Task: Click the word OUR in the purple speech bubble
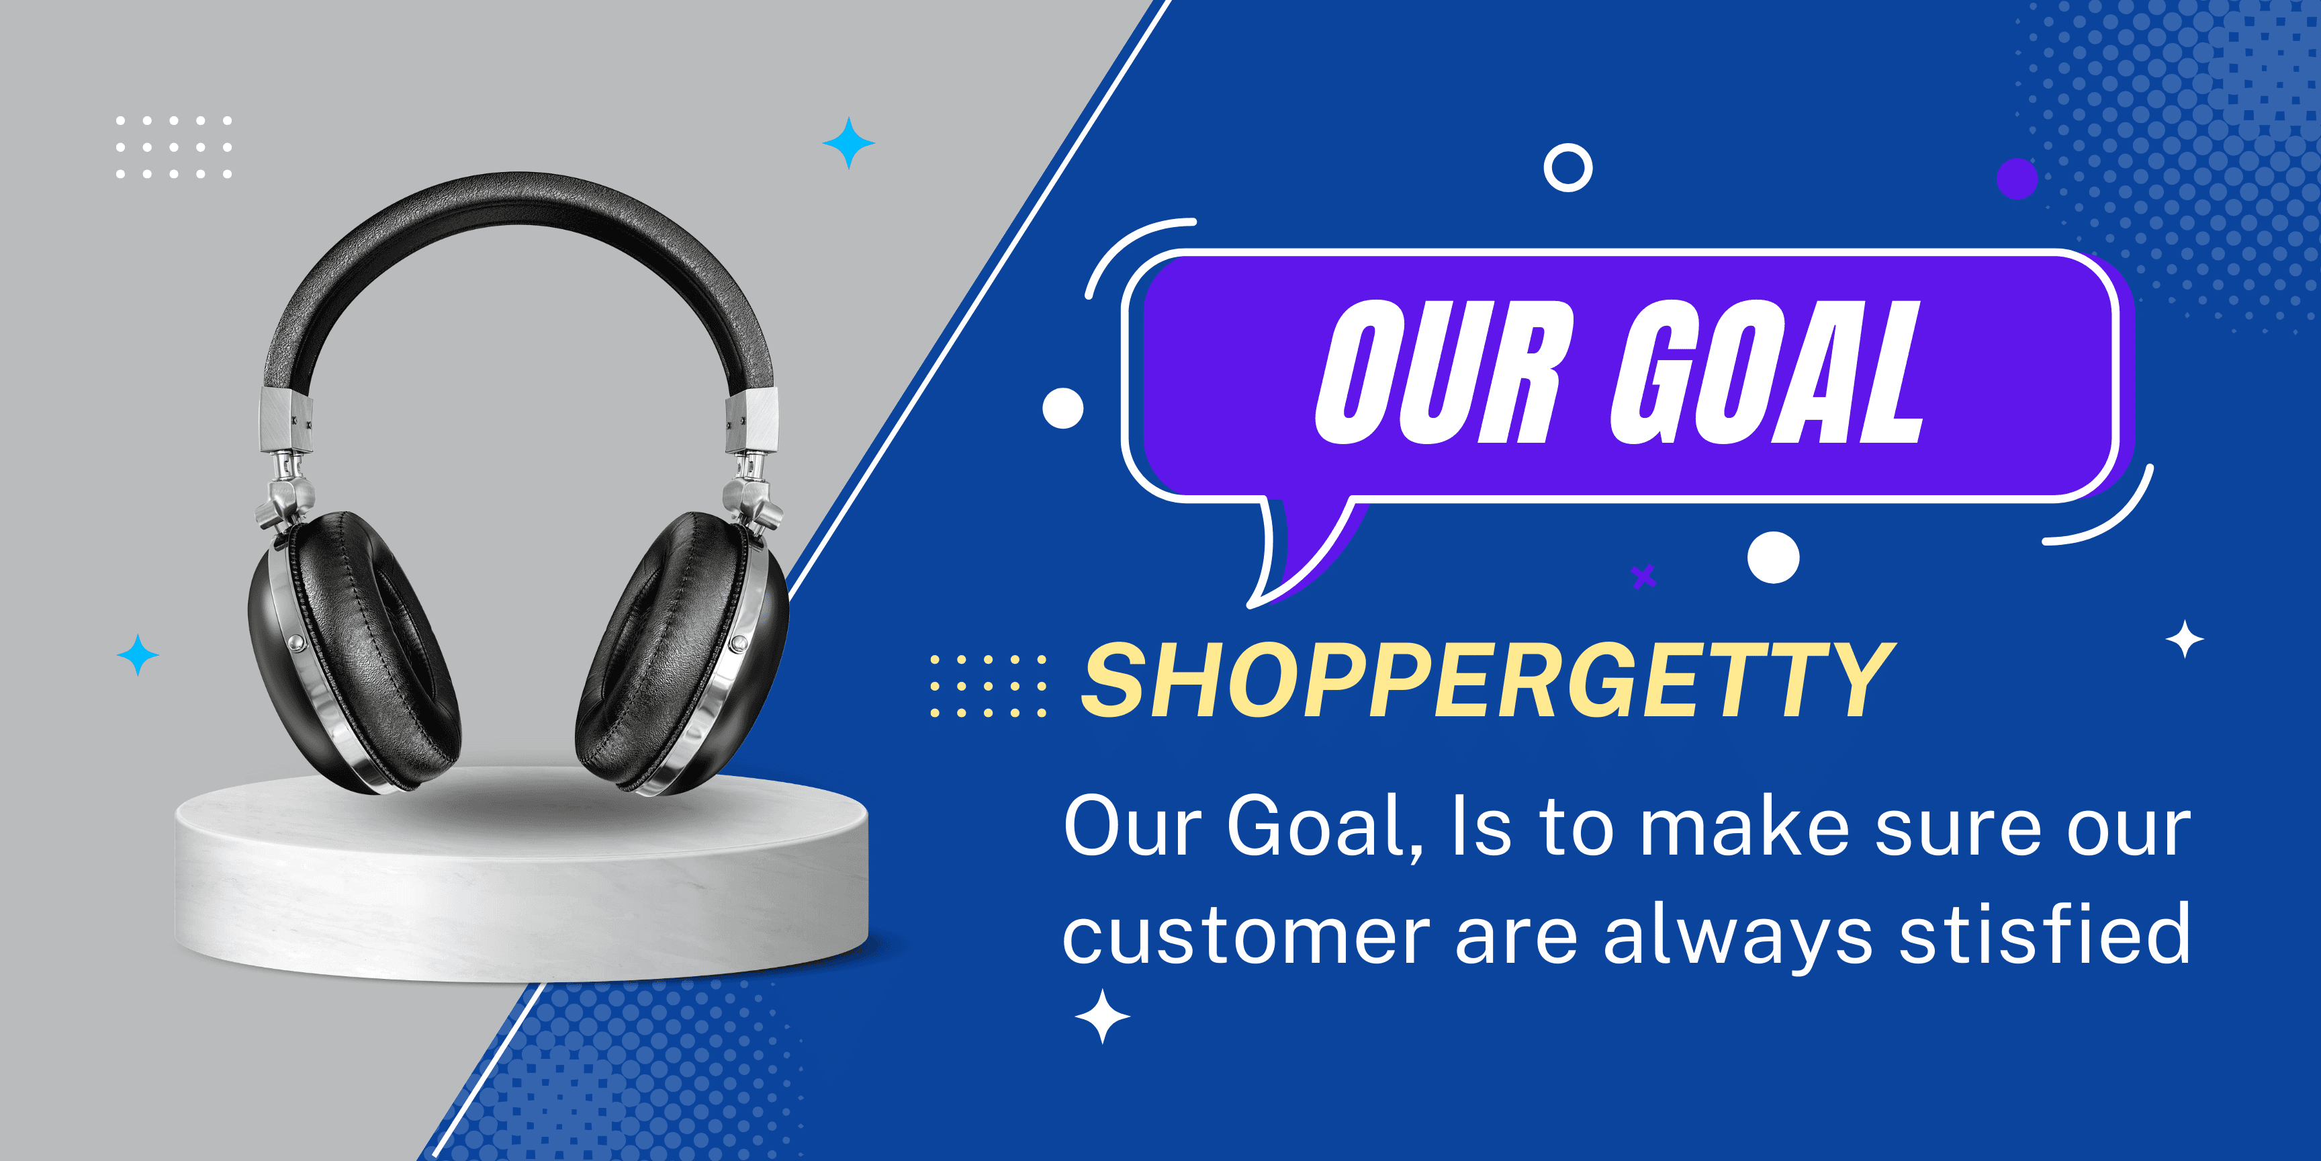[x=1439, y=372]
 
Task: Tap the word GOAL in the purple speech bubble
[x=1767, y=372]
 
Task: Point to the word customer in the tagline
[x=1246, y=937]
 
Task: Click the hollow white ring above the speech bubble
[x=1567, y=168]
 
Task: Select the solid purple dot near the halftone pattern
[x=2017, y=179]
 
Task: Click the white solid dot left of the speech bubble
[x=1063, y=408]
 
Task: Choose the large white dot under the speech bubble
[x=1773, y=558]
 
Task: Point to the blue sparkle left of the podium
[x=138, y=655]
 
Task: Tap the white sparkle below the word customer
[x=1103, y=1016]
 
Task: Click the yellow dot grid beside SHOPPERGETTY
[x=989, y=687]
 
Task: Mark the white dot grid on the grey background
[x=174, y=147]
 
